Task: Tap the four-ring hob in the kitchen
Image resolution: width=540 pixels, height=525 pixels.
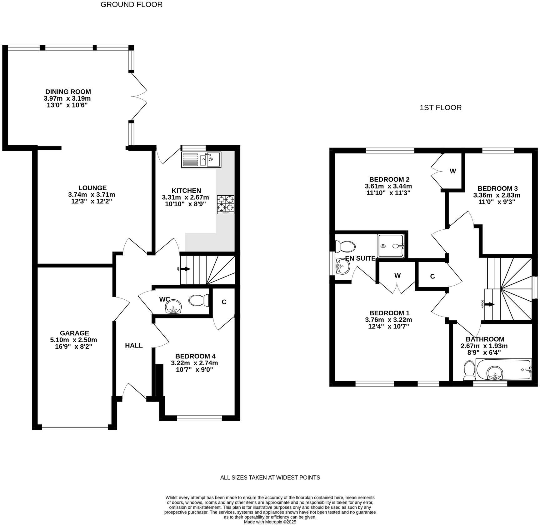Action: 226,204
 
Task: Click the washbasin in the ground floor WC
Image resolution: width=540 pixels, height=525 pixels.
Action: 173,307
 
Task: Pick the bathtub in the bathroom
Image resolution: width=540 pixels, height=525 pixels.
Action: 503,370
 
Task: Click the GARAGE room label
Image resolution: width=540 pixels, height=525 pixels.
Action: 74,333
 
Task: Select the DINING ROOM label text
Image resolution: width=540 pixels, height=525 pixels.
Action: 68,92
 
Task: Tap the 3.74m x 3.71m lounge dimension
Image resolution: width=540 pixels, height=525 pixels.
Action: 92,194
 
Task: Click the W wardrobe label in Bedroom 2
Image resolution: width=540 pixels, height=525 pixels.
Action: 452,171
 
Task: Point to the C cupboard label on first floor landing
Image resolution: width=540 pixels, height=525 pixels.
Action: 432,276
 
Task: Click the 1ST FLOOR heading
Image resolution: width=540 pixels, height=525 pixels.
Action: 440,107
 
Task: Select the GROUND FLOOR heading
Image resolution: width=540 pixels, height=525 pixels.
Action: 131,4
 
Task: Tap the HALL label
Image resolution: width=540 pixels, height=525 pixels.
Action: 134,345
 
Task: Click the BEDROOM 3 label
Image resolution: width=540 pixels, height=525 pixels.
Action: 497,188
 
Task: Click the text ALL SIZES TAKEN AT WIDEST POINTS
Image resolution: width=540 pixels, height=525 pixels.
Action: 270,477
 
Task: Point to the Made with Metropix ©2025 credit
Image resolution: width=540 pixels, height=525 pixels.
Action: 270,522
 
